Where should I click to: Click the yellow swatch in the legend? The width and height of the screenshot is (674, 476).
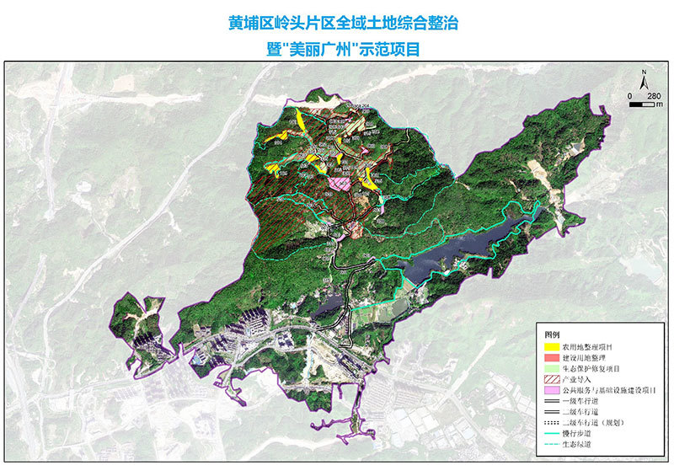point(552,346)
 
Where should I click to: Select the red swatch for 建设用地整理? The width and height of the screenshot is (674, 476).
point(552,357)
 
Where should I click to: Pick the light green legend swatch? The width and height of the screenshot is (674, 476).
point(552,369)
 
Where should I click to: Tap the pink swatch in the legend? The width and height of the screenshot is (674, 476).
point(552,392)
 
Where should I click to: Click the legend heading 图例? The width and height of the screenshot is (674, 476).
point(552,334)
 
